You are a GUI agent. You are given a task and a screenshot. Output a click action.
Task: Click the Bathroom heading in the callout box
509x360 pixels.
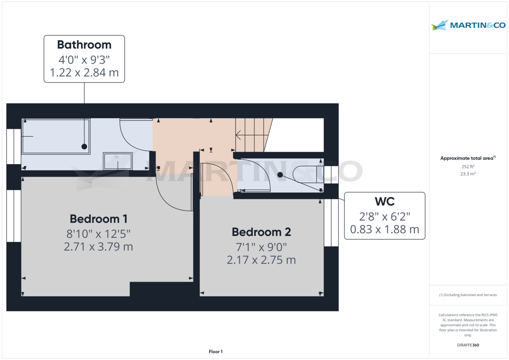(84, 45)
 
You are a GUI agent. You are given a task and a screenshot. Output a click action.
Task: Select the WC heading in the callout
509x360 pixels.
(384, 201)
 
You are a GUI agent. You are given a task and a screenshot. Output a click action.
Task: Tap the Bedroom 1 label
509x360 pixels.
(98, 219)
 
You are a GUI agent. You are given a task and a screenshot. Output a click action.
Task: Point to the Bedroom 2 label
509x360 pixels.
(261, 232)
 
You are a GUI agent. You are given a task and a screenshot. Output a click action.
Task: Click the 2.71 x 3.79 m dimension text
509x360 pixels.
(98, 246)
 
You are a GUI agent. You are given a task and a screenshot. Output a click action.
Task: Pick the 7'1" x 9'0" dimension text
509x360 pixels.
(261, 246)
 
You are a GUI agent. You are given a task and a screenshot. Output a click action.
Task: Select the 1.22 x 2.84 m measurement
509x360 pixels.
(84, 73)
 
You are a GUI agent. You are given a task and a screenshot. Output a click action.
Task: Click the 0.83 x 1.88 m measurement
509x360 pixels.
(384, 229)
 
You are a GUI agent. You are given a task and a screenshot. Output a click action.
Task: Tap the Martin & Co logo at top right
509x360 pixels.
(468, 25)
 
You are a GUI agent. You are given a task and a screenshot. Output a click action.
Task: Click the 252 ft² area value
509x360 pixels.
(467, 166)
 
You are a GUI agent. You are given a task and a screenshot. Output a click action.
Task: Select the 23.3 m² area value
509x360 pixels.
(467, 173)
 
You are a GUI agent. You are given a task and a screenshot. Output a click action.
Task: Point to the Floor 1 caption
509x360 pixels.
(215, 352)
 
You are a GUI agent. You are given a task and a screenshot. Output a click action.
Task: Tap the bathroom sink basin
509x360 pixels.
(117, 161)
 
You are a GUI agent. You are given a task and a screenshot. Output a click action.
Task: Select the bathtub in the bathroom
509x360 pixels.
(55, 136)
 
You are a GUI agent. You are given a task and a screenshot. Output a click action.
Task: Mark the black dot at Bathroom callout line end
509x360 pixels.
(84, 146)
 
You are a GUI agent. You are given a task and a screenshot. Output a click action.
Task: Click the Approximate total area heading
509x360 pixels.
(467, 158)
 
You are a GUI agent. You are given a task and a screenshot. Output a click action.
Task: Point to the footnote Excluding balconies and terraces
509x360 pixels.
(467, 295)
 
